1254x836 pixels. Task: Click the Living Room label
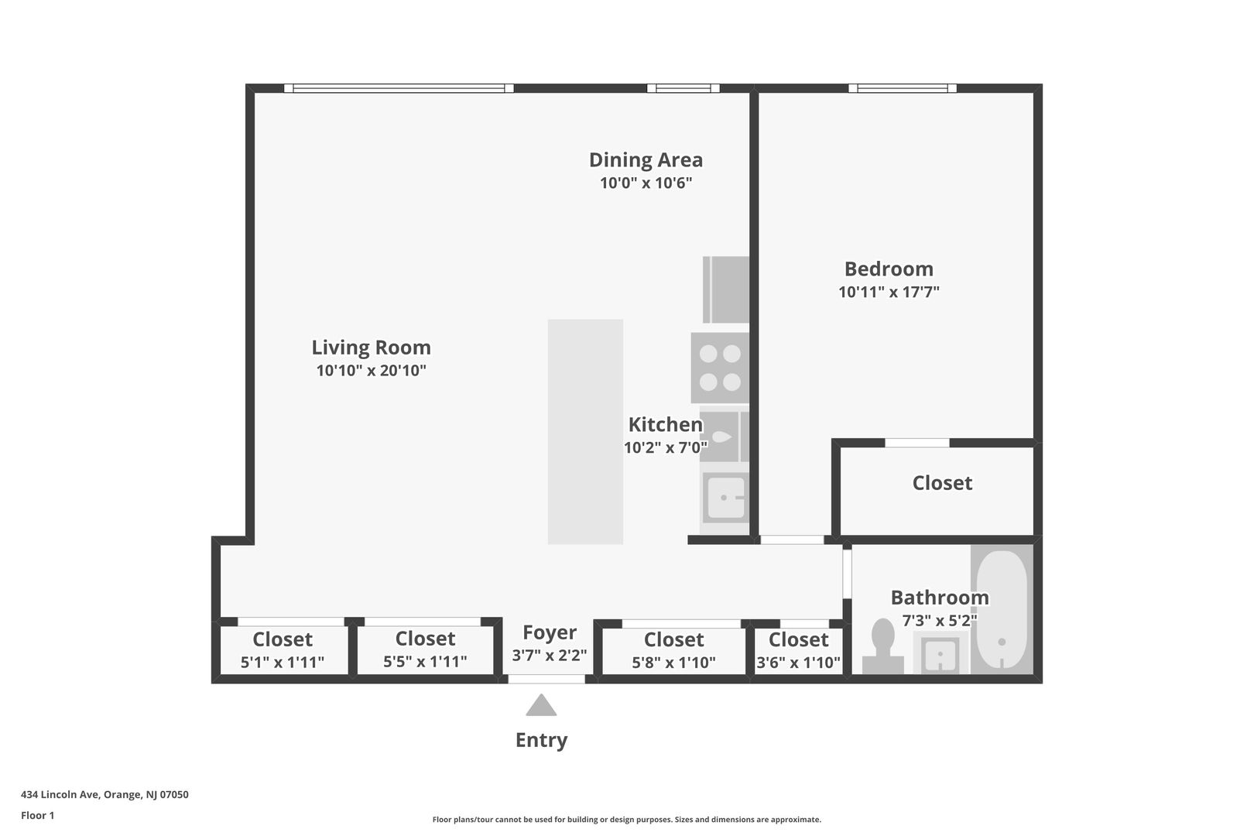371,347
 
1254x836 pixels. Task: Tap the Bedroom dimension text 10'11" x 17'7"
889,292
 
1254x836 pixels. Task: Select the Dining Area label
646,160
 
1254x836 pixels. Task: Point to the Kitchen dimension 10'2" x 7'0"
665,447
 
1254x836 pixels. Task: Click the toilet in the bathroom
883,646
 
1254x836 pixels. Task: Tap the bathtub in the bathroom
1002,609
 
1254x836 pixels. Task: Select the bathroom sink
940,653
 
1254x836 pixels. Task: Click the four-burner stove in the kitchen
720,368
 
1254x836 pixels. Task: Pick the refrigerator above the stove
726,290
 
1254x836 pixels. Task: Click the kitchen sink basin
725,497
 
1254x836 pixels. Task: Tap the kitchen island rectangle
585,432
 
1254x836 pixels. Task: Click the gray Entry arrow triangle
541,705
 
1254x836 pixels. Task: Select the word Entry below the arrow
541,740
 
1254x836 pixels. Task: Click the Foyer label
549,632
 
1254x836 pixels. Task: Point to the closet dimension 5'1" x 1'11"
282,663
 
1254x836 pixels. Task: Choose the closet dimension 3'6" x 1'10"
798,663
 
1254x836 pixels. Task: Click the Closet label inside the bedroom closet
942,483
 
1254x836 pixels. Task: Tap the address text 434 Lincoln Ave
60,794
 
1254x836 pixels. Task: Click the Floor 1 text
37,815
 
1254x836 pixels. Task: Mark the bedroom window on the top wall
903,88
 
